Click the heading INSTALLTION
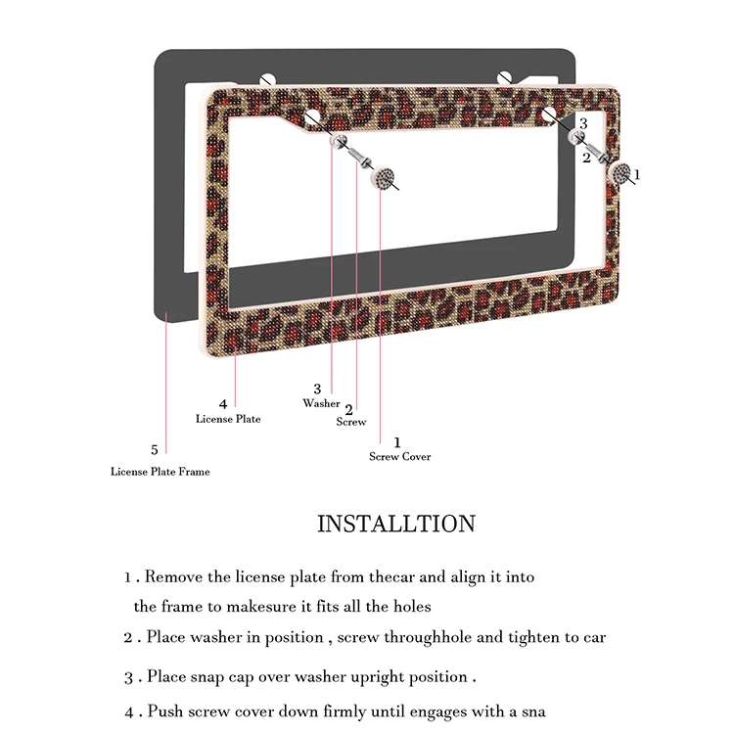point(395,524)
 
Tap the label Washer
point(321,403)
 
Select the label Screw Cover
point(399,456)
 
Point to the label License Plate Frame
point(160,471)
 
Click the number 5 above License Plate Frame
point(154,450)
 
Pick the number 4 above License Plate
point(223,403)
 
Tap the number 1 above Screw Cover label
point(396,442)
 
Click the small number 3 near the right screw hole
point(583,123)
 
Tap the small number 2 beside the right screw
point(586,156)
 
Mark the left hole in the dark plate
point(267,77)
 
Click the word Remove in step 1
point(173,577)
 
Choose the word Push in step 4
point(164,711)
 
